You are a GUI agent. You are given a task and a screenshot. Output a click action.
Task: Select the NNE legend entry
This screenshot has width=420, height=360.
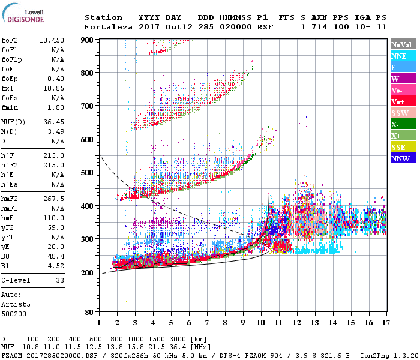pyautogui.click(x=403, y=56)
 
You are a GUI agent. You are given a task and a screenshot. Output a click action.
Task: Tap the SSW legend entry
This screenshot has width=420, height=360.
pyautogui.click(x=403, y=113)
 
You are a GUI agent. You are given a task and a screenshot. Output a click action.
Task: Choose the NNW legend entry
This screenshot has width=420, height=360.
pyautogui.click(x=403, y=158)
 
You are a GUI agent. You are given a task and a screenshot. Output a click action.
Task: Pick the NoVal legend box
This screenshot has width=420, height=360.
pyautogui.click(x=403, y=44)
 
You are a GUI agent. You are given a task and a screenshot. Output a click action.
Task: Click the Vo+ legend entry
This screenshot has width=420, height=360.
pyautogui.click(x=403, y=101)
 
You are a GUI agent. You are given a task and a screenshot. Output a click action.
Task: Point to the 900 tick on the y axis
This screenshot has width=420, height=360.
pyautogui.click(x=88, y=40)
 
